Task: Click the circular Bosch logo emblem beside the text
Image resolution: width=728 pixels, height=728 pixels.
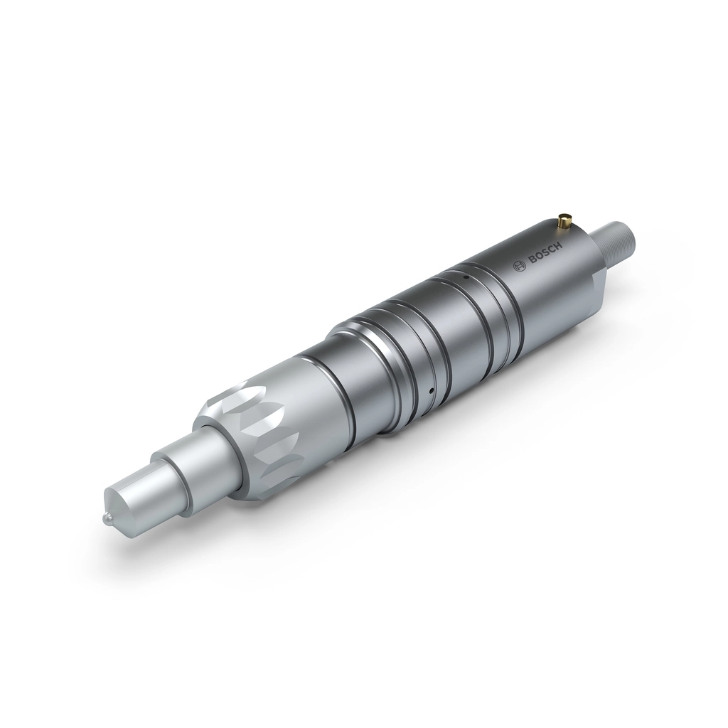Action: click(520, 265)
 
